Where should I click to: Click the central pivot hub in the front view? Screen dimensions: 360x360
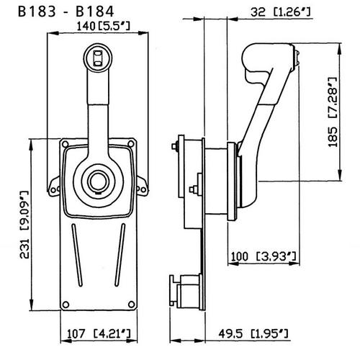[x=96, y=179]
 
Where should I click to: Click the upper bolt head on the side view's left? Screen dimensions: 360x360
[x=177, y=149]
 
